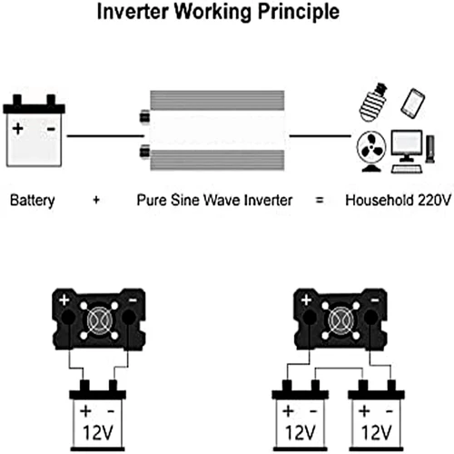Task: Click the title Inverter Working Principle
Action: point(227,15)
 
